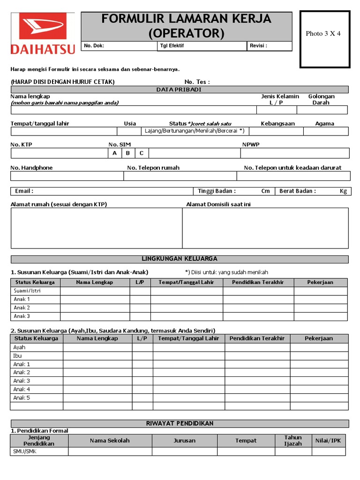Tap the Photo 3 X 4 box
pyautogui.click(x=325, y=39)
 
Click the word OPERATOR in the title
pyautogui.click(x=187, y=34)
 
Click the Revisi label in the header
pyautogui.click(x=259, y=46)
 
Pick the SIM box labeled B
pyautogui.click(x=127, y=153)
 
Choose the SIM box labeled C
pyautogui.click(x=142, y=153)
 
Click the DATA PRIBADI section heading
pyautogui.click(x=179, y=90)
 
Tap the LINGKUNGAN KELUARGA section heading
pyautogui.click(x=179, y=259)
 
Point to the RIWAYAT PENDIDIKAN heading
pyautogui.click(x=180, y=423)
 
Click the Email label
pyautogui.click(x=24, y=191)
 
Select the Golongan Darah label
pyautogui.click(x=321, y=99)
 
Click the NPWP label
pyautogui.click(x=250, y=145)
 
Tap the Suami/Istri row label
pyautogui.click(x=27, y=291)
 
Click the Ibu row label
pyautogui.click(x=17, y=356)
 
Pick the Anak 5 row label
pyautogui.click(x=22, y=397)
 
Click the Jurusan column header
pyautogui.click(x=184, y=441)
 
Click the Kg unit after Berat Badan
pyautogui.click(x=343, y=191)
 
